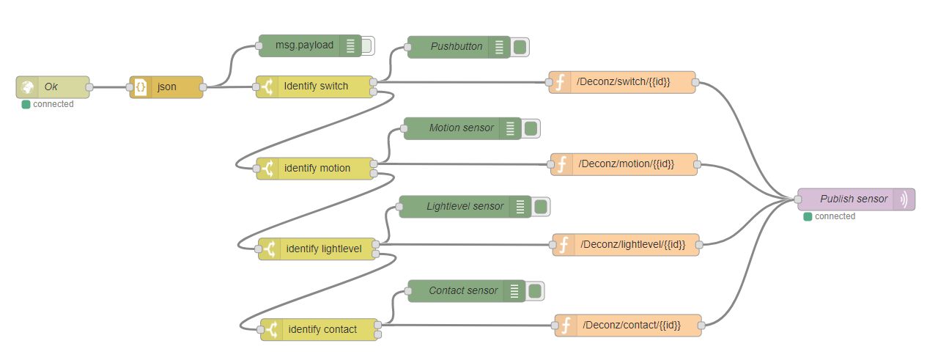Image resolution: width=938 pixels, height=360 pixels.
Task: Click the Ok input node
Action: [x=52, y=87]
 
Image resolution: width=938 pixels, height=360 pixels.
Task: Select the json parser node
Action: [x=166, y=87]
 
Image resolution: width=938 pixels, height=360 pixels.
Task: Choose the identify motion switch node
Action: [x=317, y=169]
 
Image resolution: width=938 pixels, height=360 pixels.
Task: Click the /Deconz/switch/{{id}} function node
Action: [x=622, y=82]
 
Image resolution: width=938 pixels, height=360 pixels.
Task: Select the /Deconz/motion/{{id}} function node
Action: [x=624, y=164]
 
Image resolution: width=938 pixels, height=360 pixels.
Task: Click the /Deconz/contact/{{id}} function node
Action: [x=629, y=325]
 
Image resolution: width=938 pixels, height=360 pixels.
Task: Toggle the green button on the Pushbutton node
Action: [x=520, y=48]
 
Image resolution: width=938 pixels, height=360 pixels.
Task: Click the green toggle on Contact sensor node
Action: [x=535, y=291]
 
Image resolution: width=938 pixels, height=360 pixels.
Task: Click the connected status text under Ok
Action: [x=53, y=104]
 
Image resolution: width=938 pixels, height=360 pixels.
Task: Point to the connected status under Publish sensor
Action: [x=835, y=216]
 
